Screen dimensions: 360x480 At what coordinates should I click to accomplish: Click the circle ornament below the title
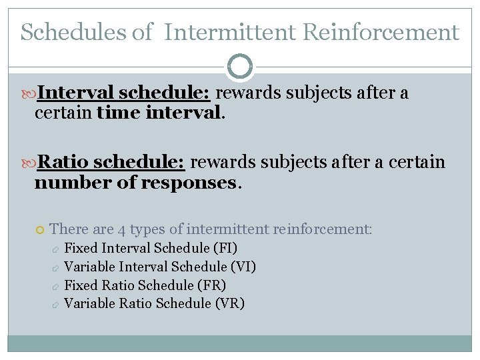pyautogui.click(x=240, y=67)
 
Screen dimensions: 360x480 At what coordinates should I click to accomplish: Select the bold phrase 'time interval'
pyautogui.click(x=158, y=113)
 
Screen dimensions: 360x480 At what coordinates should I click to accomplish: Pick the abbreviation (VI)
pyautogui.click(x=243, y=267)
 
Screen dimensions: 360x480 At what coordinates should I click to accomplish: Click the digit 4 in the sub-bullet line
pyautogui.click(x=121, y=230)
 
